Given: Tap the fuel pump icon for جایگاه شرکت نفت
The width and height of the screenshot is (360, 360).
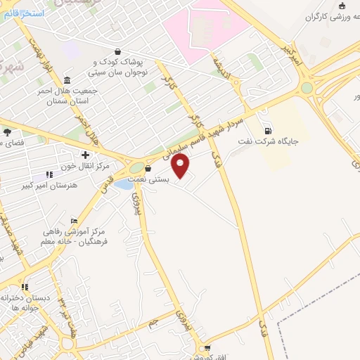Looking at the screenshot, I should pyautogui.click(x=267, y=130).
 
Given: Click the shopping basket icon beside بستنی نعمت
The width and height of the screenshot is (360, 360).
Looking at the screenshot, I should pyautogui.click(x=148, y=169).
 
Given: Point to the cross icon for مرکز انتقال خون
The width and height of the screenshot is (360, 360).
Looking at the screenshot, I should pyautogui.click(x=86, y=155).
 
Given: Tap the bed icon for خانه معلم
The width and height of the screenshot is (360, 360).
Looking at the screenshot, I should pyautogui.click(x=75, y=222).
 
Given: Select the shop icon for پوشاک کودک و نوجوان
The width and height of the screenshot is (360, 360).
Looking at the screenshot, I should pyautogui.click(x=117, y=52).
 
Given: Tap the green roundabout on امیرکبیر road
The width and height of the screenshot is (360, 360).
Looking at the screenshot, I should pyautogui.click(x=307, y=88).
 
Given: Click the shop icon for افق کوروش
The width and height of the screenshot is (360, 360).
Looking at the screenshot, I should pyautogui.click(x=206, y=348).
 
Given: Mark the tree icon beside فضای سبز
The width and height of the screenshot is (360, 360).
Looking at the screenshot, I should pyautogui.click(x=6, y=131).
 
